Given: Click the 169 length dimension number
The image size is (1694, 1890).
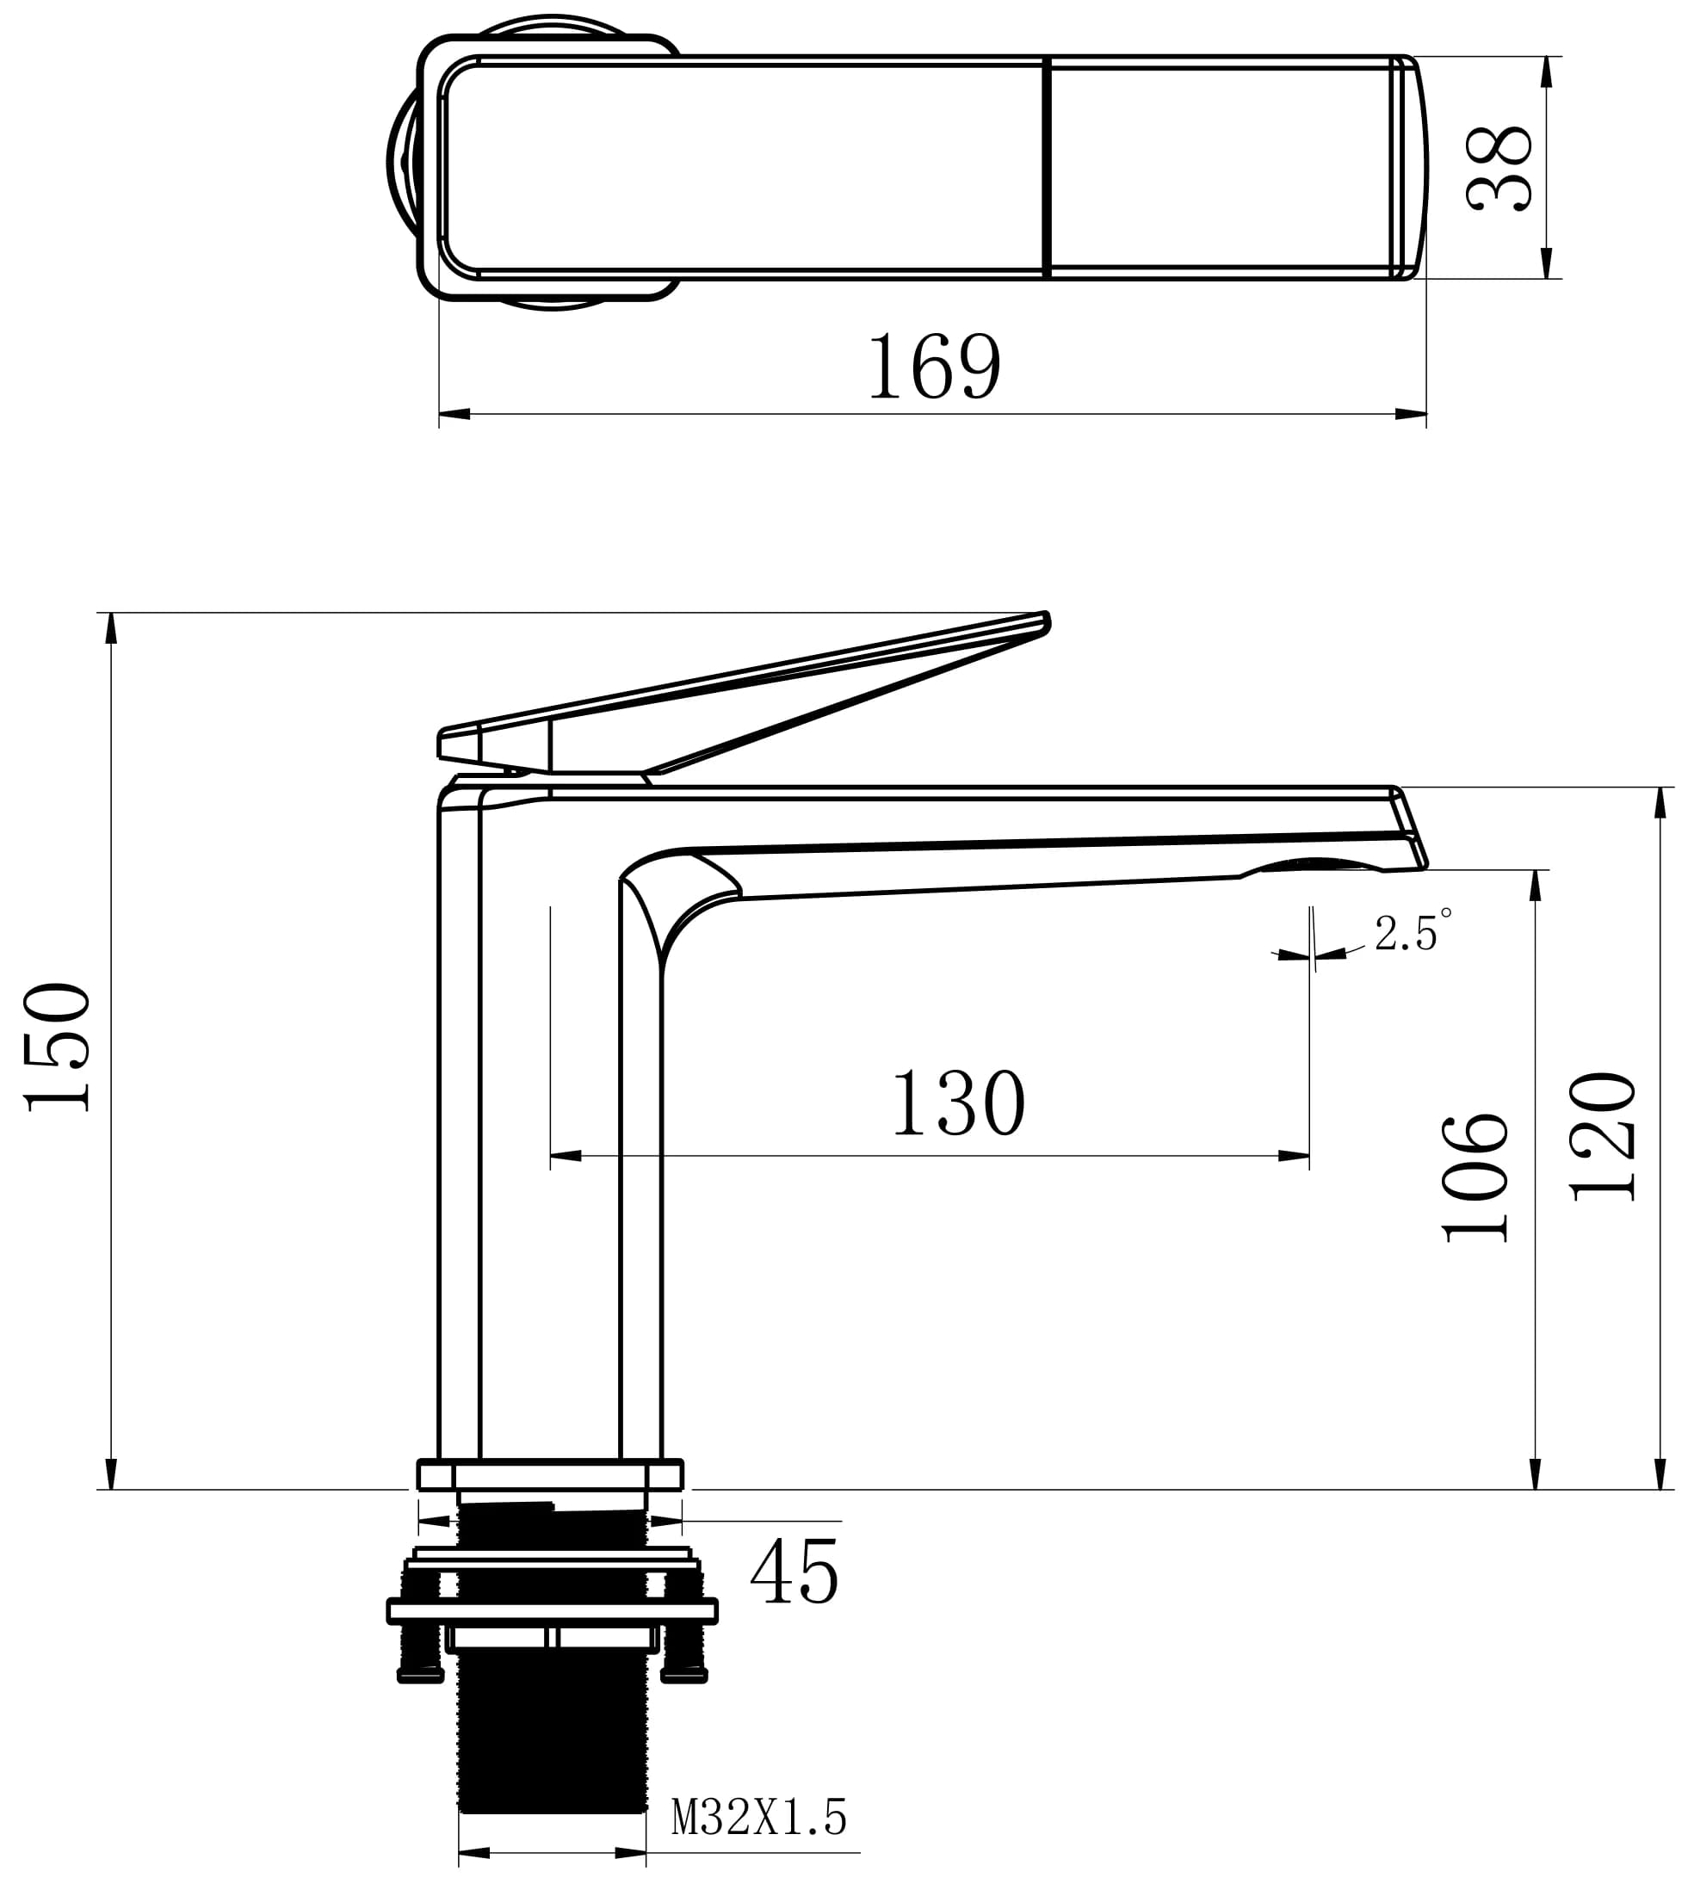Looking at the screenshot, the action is (935, 367).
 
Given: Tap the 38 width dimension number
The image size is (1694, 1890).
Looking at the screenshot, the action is (1499, 169).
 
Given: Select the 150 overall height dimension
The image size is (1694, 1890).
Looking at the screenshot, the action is (58, 1047).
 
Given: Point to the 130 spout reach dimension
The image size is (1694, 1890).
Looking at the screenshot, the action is (959, 1102).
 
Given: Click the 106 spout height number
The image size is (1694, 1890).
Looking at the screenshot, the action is (1475, 1178).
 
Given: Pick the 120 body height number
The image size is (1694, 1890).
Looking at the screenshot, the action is (1603, 1136).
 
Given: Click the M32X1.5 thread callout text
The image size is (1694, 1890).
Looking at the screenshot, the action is (759, 1818).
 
